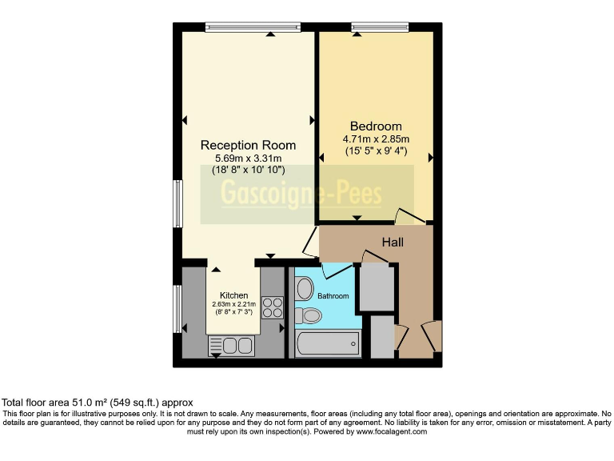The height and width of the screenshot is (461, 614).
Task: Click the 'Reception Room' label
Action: click(248, 145)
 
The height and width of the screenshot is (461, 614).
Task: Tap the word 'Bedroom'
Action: click(376, 126)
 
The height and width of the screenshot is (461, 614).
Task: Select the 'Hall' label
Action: click(392, 242)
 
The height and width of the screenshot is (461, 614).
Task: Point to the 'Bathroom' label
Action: click(333, 296)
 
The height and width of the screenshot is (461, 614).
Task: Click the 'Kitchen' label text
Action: click(233, 295)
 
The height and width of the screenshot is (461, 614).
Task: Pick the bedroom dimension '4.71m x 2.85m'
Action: click(376, 139)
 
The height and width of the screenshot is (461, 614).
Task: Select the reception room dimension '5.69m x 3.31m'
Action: click(248, 158)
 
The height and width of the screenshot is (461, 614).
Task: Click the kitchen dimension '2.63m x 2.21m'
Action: click(233, 304)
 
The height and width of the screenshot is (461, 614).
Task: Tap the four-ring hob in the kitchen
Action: click(272, 307)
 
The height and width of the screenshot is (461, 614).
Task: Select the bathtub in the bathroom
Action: click(327, 345)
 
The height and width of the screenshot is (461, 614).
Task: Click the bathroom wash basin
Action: click(304, 288)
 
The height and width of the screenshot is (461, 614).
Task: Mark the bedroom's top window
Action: click(375, 27)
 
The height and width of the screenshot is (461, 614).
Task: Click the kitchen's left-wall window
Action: click(177, 308)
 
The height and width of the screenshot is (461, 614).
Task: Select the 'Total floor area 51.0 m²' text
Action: click(97, 403)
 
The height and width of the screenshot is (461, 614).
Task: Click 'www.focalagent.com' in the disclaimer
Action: click(387, 431)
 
